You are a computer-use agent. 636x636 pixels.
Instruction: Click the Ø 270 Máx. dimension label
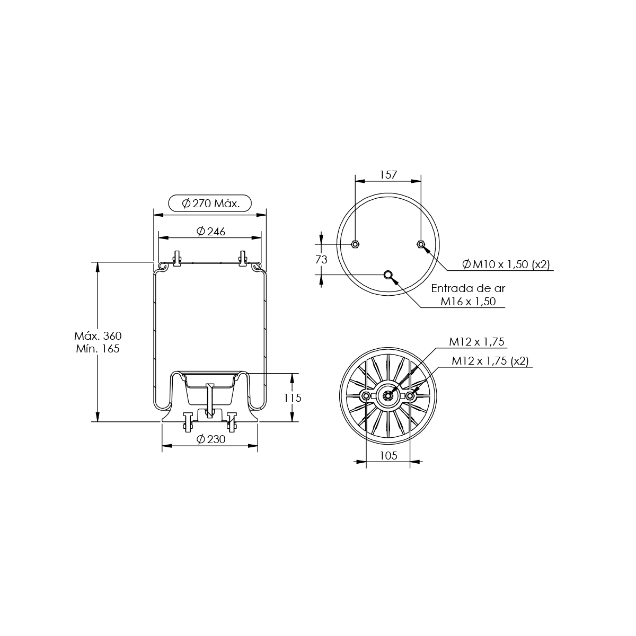tap(210, 204)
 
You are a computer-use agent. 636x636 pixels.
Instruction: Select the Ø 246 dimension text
tap(211, 232)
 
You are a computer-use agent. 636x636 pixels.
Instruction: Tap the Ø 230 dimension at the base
tap(211, 439)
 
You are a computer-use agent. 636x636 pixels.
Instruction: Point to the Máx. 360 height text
tap(98, 335)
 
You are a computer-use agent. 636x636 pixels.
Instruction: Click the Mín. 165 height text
tap(98, 349)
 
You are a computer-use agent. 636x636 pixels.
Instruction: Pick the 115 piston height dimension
tap(293, 397)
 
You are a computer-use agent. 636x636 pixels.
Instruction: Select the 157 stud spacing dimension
tap(388, 174)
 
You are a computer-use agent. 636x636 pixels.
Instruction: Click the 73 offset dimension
tap(321, 260)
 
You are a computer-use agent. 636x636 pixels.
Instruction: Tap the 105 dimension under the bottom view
tap(388, 455)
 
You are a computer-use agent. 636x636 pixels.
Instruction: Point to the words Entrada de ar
tap(468, 288)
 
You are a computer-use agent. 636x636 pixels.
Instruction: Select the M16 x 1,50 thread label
tap(468, 302)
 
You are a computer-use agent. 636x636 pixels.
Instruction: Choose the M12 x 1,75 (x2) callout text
tap(490, 361)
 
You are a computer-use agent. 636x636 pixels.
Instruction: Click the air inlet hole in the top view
tap(388, 275)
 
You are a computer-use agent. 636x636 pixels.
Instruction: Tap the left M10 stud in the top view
tap(355, 244)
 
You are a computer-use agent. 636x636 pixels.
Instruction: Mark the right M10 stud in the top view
tap(421, 244)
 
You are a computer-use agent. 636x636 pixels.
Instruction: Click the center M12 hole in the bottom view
tap(388, 396)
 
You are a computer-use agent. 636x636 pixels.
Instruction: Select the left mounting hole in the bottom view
tap(366, 396)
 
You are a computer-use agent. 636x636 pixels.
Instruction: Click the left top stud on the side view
tap(177, 258)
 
